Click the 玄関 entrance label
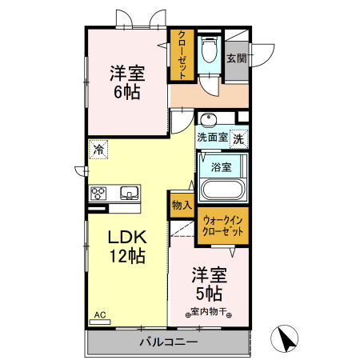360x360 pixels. (x=235, y=58)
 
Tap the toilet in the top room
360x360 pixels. (x=209, y=50)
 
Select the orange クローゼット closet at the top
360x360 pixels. (x=182, y=55)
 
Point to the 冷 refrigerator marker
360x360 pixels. (x=98, y=149)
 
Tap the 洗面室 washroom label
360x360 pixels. (x=213, y=138)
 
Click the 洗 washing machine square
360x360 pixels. (x=239, y=138)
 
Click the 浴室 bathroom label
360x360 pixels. (x=222, y=167)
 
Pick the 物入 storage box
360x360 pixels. (x=182, y=205)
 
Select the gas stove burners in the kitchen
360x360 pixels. (x=100, y=193)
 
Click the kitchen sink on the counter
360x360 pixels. (x=128, y=193)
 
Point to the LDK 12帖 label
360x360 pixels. (x=126, y=246)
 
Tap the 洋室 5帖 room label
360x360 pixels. (x=209, y=284)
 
